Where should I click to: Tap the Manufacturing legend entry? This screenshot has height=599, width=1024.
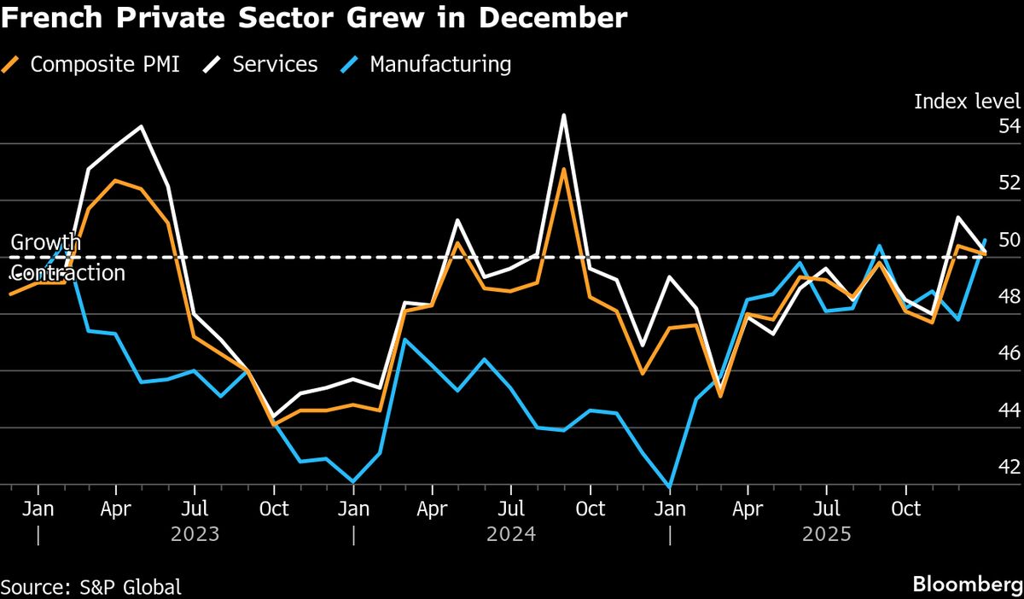click(440, 64)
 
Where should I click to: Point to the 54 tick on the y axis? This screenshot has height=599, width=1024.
click(1009, 126)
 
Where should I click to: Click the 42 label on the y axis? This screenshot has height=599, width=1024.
click(1009, 468)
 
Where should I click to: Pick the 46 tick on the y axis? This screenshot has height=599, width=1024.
click(1009, 353)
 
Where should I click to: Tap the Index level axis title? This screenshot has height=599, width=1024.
click(967, 101)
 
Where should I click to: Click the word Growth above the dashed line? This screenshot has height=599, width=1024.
click(45, 242)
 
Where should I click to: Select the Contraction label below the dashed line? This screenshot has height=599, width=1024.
click(67, 273)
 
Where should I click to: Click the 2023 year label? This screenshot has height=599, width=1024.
click(195, 535)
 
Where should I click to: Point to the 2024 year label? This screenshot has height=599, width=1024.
click(510, 535)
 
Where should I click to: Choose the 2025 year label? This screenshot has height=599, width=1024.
click(827, 535)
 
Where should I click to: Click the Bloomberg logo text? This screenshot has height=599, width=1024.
click(966, 585)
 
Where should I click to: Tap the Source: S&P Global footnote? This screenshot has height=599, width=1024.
click(91, 587)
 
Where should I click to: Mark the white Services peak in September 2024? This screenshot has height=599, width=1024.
click(563, 115)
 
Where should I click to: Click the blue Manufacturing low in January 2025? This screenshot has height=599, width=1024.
click(670, 486)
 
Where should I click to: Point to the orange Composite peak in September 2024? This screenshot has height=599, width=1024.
click(563, 169)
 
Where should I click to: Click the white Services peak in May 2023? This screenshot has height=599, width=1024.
click(142, 126)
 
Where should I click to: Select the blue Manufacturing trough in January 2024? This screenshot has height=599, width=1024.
click(352, 481)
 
